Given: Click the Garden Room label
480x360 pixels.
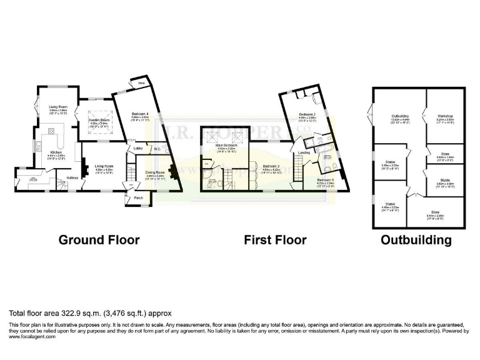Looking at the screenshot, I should (x=99, y=119).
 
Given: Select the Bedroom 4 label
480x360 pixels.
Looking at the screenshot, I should (x=139, y=114).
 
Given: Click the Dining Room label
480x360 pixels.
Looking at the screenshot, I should (x=154, y=172).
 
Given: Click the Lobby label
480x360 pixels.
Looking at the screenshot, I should (x=139, y=149).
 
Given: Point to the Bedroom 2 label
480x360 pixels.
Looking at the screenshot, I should (x=306, y=114).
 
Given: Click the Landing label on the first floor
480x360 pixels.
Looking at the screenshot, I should (x=304, y=152).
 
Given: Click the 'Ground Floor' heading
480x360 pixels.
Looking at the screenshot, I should (x=99, y=240).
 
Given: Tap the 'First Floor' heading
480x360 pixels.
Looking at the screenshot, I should (x=276, y=240).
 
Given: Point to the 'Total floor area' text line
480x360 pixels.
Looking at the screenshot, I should (x=89, y=312).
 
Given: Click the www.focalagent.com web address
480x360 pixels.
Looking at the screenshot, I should (x=32, y=337).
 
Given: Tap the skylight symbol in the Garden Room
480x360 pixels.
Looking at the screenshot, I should (x=99, y=112).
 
